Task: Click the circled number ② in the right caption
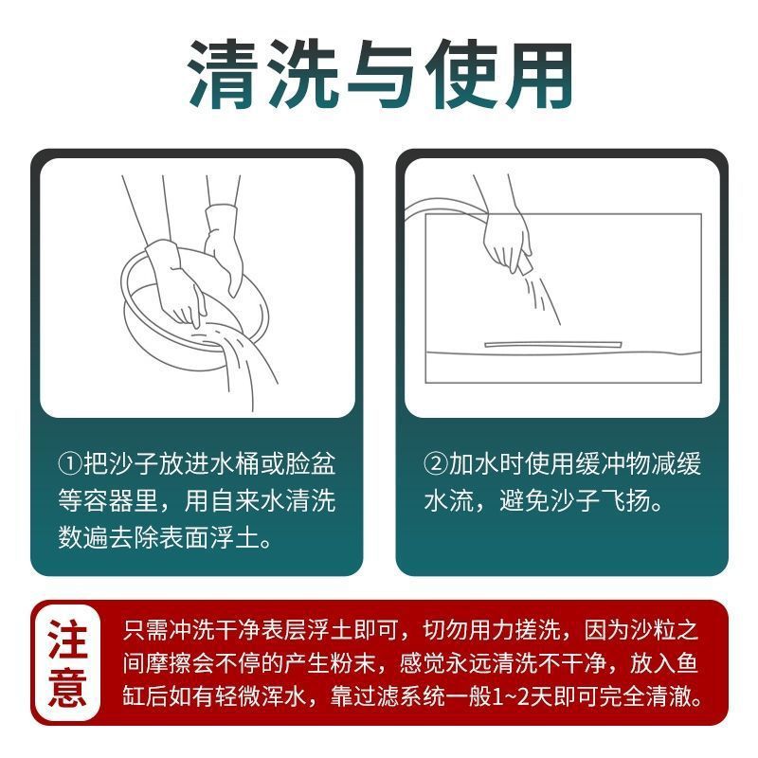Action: tap(434, 465)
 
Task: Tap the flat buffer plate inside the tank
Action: tap(551, 343)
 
